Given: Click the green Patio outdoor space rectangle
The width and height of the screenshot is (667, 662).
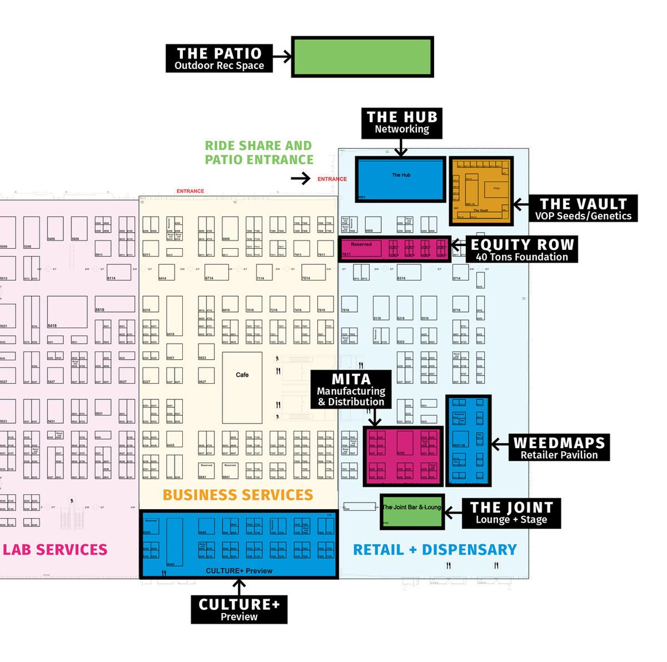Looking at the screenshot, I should (362, 57).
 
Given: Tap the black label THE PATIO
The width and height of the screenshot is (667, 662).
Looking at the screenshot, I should (219, 59).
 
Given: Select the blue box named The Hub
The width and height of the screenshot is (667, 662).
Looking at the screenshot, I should (401, 179).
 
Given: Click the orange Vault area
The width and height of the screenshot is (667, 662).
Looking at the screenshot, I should (481, 191).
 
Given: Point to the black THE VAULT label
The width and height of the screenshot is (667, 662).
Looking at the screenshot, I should (583, 209).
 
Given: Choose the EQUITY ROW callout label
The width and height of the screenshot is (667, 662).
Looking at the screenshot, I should (522, 249).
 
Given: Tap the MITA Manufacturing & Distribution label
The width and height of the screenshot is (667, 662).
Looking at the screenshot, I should (351, 390).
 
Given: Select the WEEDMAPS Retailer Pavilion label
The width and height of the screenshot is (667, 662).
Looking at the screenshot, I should (559, 448).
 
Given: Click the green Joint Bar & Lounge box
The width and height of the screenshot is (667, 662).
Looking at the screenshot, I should (412, 511).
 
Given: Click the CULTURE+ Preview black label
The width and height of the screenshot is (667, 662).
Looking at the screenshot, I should (239, 609).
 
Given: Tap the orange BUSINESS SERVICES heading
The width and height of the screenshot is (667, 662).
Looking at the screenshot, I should (237, 495).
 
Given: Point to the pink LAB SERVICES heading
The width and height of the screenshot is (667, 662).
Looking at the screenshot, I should (55, 550).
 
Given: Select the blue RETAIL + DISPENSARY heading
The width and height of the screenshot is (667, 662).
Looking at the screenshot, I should (435, 550).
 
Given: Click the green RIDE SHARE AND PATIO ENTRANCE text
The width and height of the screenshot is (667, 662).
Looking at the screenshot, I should (259, 153).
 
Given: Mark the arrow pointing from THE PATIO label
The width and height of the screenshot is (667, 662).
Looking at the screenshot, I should (282, 56).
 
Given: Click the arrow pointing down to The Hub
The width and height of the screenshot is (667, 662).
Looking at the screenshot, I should (401, 148).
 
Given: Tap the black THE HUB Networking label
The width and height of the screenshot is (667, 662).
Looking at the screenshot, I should (402, 122).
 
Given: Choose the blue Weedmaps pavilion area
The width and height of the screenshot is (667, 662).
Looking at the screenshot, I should (469, 440).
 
